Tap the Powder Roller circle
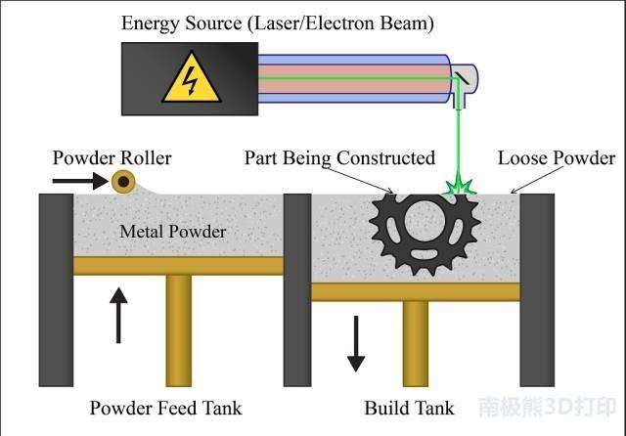click(x=123, y=181)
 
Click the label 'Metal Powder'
click(x=173, y=232)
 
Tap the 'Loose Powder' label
click(x=556, y=157)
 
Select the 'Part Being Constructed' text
click(x=338, y=157)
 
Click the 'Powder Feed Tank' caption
click(x=165, y=408)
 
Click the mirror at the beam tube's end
click(x=463, y=78)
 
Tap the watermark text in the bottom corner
click(x=547, y=407)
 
